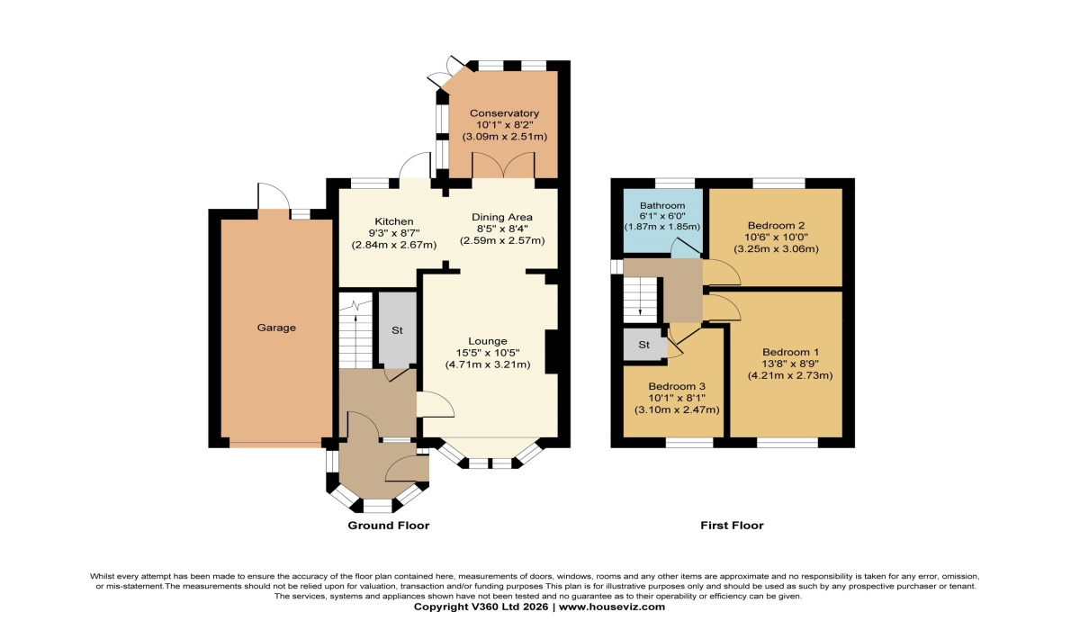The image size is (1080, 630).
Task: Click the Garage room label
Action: click(x=277, y=328)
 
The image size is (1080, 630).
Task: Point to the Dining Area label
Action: click(x=502, y=217)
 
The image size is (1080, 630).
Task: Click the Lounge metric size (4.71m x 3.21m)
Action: click(x=488, y=364)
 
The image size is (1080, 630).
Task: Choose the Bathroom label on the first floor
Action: click(x=662, y=205)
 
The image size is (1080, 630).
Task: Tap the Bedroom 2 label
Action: click(x=774, y=225)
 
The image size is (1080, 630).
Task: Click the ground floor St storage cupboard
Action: click(x=396, y=329)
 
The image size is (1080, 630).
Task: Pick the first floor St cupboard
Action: click(x=644, y=345)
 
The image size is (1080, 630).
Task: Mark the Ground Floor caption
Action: click(x=388, y=526)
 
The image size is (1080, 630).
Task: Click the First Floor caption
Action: click(x=732, y=526)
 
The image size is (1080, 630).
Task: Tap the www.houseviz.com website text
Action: click(x=613, y=607)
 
